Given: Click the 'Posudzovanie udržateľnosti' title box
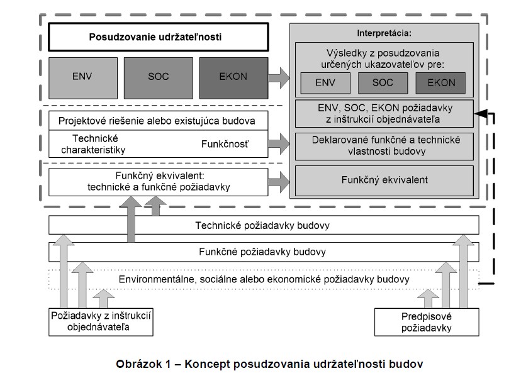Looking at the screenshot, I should [155, 37].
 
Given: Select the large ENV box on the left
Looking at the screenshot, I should [81, 77].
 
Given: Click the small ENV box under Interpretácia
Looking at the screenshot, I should [325, 82].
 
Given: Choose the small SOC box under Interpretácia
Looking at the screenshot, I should [383, 82].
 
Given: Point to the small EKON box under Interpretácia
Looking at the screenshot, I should [440, 82].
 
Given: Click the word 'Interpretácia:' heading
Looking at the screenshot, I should [382, 31].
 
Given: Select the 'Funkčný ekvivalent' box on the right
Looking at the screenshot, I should [384, 180].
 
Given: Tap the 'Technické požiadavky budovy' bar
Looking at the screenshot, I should [264, 225].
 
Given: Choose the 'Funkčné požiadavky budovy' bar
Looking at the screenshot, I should [264, 252].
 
